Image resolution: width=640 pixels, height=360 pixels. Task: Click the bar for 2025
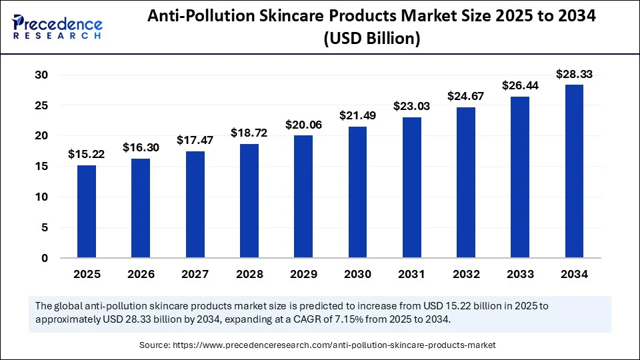(87, 211)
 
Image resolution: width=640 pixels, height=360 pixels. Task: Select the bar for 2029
(303, 197)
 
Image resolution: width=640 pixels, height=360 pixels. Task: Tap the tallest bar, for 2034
(575, 171)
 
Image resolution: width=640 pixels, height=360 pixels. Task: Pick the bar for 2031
(412, 187)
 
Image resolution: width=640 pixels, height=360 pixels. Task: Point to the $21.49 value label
(358, 115)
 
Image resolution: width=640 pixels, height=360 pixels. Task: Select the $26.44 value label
(521, 85)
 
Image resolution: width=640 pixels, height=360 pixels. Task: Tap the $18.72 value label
(249, 133)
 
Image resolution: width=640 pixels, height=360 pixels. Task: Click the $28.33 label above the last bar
(575, 74)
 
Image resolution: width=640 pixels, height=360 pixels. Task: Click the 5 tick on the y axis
(44, 227)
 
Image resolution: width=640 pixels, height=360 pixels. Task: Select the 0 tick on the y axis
(44, 258)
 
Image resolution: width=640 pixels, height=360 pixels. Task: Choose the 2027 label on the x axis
(195, 274)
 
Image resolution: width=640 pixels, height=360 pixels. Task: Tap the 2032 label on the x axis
(466, 274)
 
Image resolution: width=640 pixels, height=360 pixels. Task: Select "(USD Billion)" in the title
(371, 39)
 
